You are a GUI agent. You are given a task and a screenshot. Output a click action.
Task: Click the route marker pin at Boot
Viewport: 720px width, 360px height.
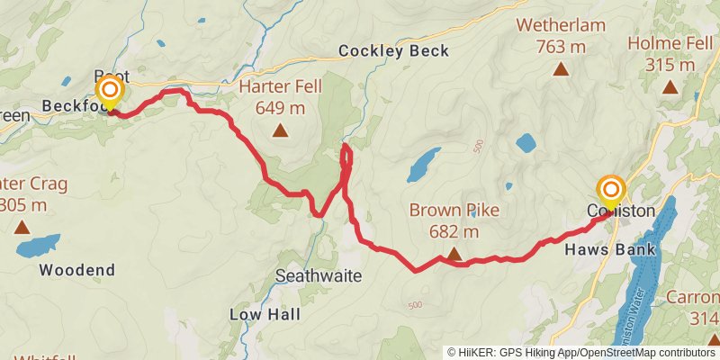point(110,91)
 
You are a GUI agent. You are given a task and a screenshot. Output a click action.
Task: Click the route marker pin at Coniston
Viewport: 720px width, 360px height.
point(611,190)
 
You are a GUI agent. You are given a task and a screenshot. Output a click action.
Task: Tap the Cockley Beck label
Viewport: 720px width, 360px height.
point(393,51)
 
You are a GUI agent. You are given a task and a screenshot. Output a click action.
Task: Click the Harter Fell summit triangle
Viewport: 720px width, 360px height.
point(281,131)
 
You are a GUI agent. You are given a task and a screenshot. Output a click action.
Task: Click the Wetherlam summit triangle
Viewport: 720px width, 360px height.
point(561,68)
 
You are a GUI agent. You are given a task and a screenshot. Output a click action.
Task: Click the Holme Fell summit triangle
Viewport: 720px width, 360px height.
point(670,87)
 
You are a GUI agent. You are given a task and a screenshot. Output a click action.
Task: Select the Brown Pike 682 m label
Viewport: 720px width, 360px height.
point(454,220)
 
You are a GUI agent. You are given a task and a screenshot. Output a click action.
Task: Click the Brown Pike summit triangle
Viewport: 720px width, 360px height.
point(453,255)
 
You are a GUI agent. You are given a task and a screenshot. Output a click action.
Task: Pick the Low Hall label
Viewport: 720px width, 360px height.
point(265,315)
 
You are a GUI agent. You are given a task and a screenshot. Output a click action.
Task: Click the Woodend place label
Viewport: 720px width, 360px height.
point(77,270)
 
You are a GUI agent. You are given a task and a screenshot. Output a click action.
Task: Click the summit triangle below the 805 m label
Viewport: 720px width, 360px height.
point(22,228)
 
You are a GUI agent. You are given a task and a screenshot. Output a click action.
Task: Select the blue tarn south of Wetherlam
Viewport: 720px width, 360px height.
point(526,142)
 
